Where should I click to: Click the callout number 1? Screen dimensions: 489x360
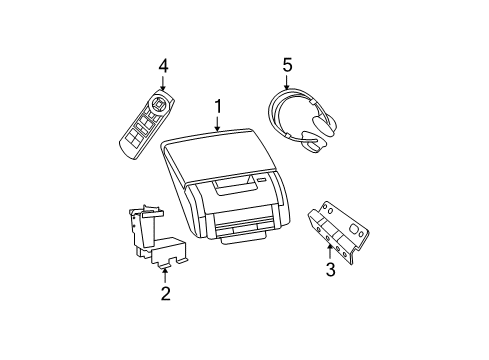pos(218,106)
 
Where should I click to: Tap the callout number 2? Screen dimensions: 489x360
pos(166,293)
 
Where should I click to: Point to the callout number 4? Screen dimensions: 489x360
pos(163,66)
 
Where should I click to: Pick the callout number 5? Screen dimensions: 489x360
pos(287,66)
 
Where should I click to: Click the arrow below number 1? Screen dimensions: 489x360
pos(218,123)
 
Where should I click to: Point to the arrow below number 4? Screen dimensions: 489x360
pos(163,84)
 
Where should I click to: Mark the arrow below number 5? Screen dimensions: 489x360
pos(287,85)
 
